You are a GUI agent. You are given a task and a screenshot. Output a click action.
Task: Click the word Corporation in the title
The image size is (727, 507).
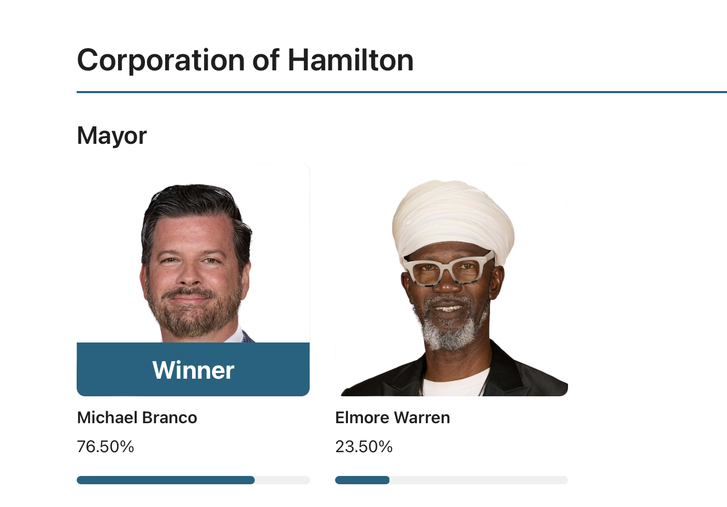coord(161,61)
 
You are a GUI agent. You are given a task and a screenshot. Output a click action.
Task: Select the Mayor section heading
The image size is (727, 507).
coord(112,137)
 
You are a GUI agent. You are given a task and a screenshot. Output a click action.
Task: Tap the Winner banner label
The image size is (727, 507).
coord(193,370)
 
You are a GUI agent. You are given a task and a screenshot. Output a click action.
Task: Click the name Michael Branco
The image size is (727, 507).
coord(137,417)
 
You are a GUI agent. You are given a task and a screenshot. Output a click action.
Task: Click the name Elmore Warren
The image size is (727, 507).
coord(392,417)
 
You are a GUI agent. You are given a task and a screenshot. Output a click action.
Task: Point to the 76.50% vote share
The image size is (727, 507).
coord(106,446)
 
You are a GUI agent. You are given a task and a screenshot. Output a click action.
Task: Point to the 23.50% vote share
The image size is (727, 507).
coord(364,446)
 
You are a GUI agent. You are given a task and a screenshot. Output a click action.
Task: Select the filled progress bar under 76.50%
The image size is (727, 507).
coord(166,480)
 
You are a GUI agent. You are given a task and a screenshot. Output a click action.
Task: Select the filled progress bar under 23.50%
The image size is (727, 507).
coord(362,480)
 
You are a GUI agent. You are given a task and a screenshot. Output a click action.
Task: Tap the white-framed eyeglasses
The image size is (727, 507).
coord(449,269)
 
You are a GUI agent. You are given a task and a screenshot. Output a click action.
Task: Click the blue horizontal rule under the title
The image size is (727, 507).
coord(402,92)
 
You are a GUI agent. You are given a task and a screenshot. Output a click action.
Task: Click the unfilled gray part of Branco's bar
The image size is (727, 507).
coord(282,480)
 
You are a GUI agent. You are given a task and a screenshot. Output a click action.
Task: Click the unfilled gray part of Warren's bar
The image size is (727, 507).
coord(479,480)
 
